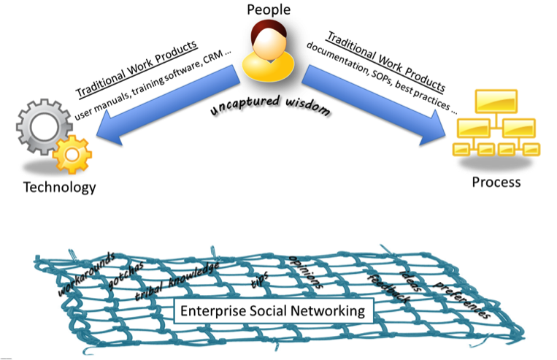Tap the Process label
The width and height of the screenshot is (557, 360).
click(496, 181)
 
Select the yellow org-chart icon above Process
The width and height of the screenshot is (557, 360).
click(494, 124)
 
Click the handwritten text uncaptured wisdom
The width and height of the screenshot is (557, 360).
click(266, 107)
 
